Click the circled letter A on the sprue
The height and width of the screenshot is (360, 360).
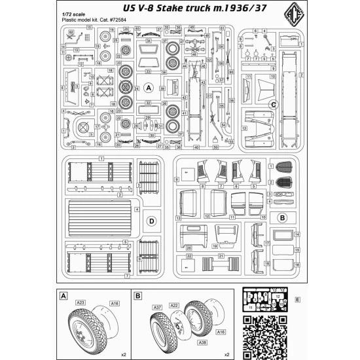(149, 86)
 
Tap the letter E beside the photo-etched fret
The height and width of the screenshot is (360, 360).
(298, 300)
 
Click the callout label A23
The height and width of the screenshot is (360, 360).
(80, 302)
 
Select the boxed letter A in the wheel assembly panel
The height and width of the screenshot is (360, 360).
(63, 296)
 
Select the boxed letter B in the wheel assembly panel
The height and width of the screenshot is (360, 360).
(137, 296)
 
